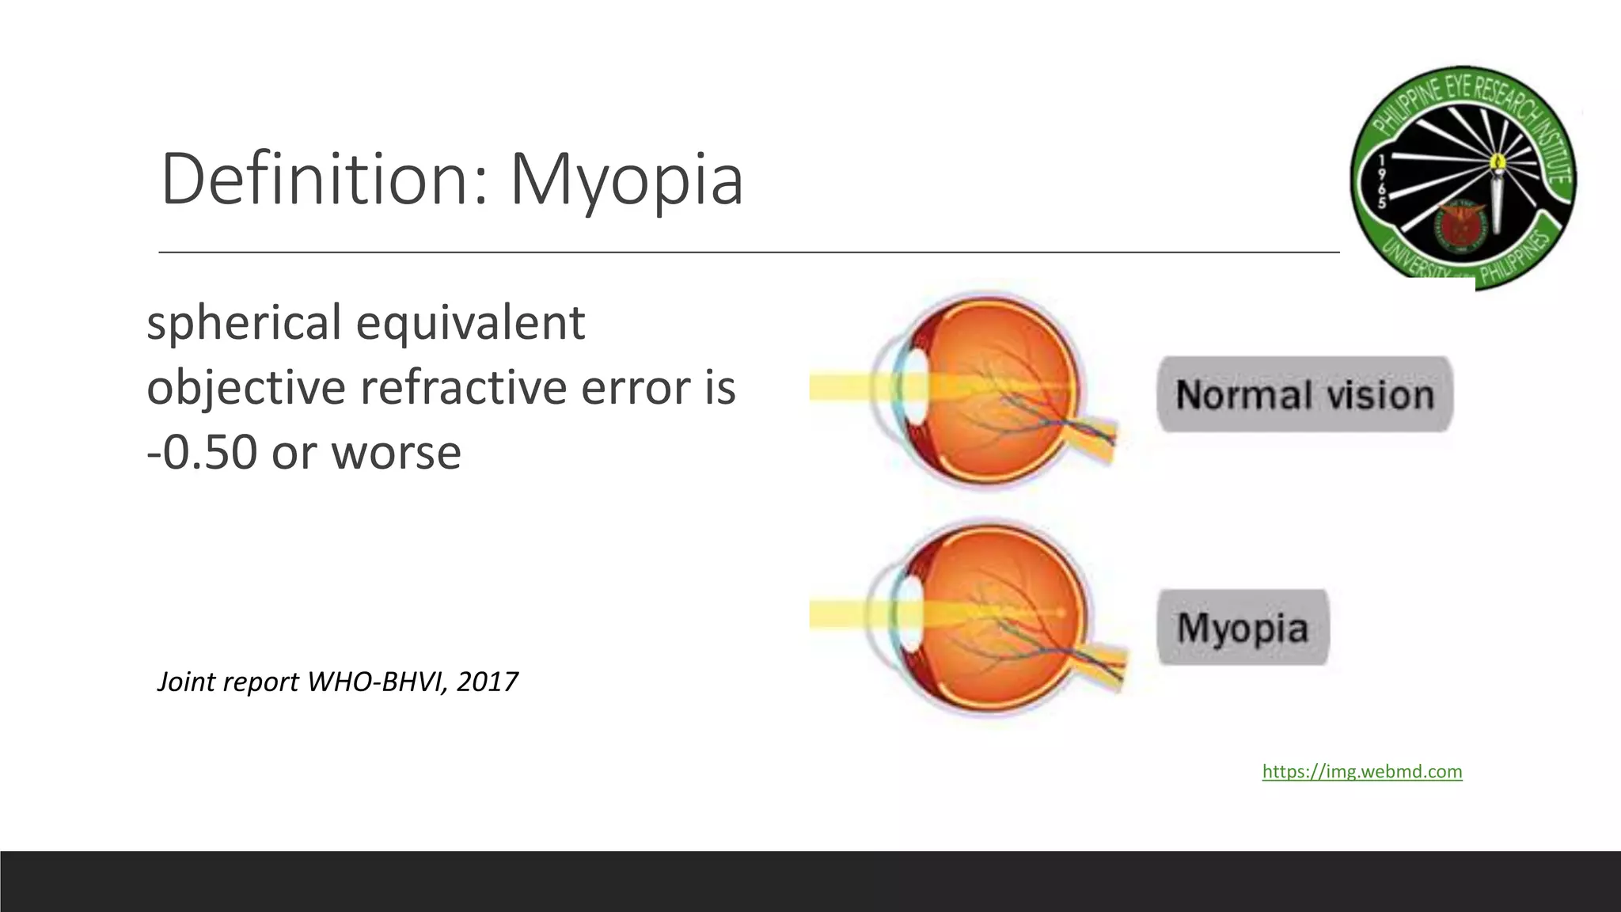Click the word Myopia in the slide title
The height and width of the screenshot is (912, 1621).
tap(626, 180)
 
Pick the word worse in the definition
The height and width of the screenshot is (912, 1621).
tap(396, 452)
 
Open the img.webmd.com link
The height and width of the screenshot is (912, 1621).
tap(1361, 771)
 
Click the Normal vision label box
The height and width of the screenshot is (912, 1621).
tap(1304, 394)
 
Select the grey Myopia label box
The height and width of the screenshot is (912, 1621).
tap(1243, 627)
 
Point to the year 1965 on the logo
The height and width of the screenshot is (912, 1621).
tap(1381, 181)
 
